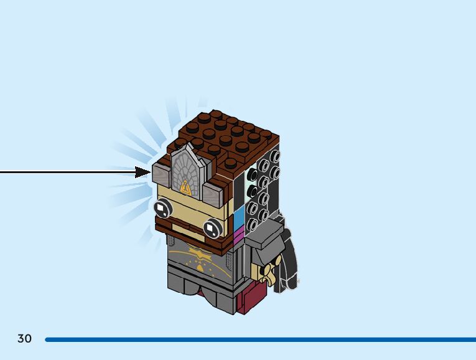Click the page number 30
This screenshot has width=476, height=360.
(24, 339)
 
